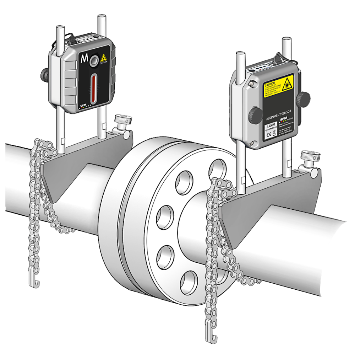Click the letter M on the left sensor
point(84,59)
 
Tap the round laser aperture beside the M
point(94,61)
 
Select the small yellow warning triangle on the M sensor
point(104,58)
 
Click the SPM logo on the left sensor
point(82,105)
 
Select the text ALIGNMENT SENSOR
point(279,114)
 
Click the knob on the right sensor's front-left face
point(255,115)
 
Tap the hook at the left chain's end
point(34,283)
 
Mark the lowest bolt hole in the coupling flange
point(189,283)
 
